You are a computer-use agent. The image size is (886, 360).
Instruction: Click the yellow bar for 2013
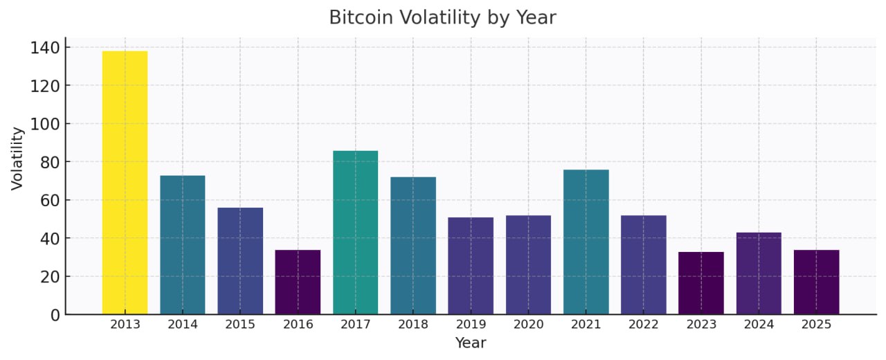[125, 183]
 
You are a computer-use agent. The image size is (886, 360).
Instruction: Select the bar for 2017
[355, 233]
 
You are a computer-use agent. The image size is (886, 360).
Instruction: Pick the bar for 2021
[586, 242]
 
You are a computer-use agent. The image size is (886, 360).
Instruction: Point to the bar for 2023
[700, 283]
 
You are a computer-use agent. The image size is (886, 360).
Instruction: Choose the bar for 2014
[182, 245]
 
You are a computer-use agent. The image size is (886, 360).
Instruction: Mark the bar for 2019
[471, 266]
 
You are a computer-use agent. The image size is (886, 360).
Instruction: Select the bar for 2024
[759, 273]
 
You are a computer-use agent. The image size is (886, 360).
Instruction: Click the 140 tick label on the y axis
[43, 48]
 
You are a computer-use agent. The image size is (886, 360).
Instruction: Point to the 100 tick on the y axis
[43, 124]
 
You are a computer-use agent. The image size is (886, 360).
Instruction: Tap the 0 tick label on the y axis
[54, 315]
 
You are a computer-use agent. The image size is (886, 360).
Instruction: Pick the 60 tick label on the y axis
[47, 201]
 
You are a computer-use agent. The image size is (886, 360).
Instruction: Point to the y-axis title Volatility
[18, 158]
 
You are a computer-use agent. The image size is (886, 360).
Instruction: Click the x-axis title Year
[470, 343]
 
